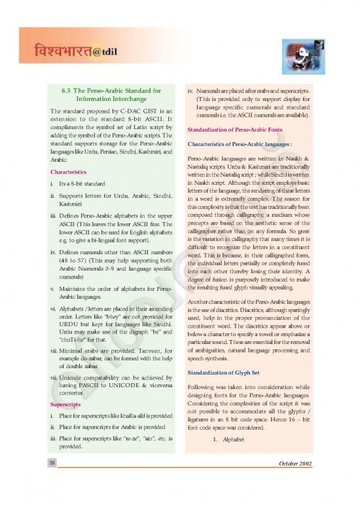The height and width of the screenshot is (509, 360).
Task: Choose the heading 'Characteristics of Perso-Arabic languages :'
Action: click(244, 145)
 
